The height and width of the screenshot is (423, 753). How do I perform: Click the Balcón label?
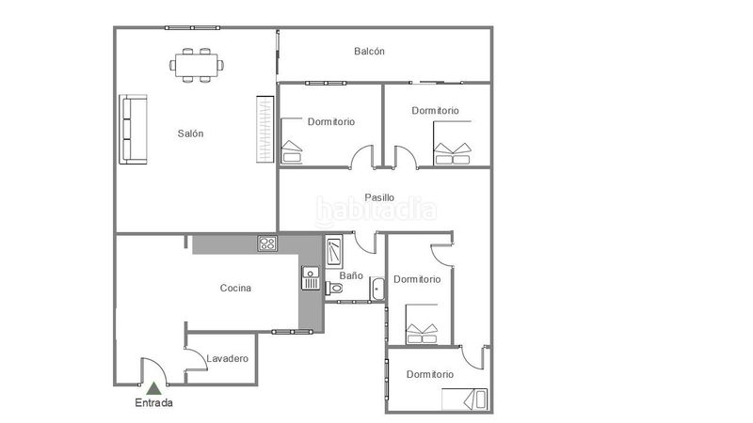tap(369, 51)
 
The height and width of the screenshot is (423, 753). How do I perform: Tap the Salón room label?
tap(190, 133)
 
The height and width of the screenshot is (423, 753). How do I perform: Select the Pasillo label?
tap(379, 197)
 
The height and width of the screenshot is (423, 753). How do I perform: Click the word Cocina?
tap(235, 288)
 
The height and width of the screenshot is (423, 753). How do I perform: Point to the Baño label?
tap(351, 275)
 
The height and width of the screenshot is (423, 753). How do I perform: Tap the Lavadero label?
tap(227, 358)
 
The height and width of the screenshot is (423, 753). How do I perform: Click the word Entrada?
tap(153, 402)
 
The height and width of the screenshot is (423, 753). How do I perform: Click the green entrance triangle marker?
tap(153, 388)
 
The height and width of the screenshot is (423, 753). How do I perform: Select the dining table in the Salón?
tap(197, 65)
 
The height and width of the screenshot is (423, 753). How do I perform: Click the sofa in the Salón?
tap(133, 130)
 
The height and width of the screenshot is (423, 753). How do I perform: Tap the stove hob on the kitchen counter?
tap(267, 243)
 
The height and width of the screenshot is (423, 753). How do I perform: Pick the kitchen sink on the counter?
tap(311, 278)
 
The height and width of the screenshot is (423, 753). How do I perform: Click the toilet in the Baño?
tap(334, 288)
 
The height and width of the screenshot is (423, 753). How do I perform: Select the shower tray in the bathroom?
tap(334, 251)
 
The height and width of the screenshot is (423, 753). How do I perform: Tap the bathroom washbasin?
tap(377, 289)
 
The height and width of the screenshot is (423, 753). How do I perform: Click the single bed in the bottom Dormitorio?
tap(464, 399)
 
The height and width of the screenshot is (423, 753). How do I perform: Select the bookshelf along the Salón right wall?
tap(264, 130)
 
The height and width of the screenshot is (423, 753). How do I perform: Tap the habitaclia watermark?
tap(376, 211)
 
